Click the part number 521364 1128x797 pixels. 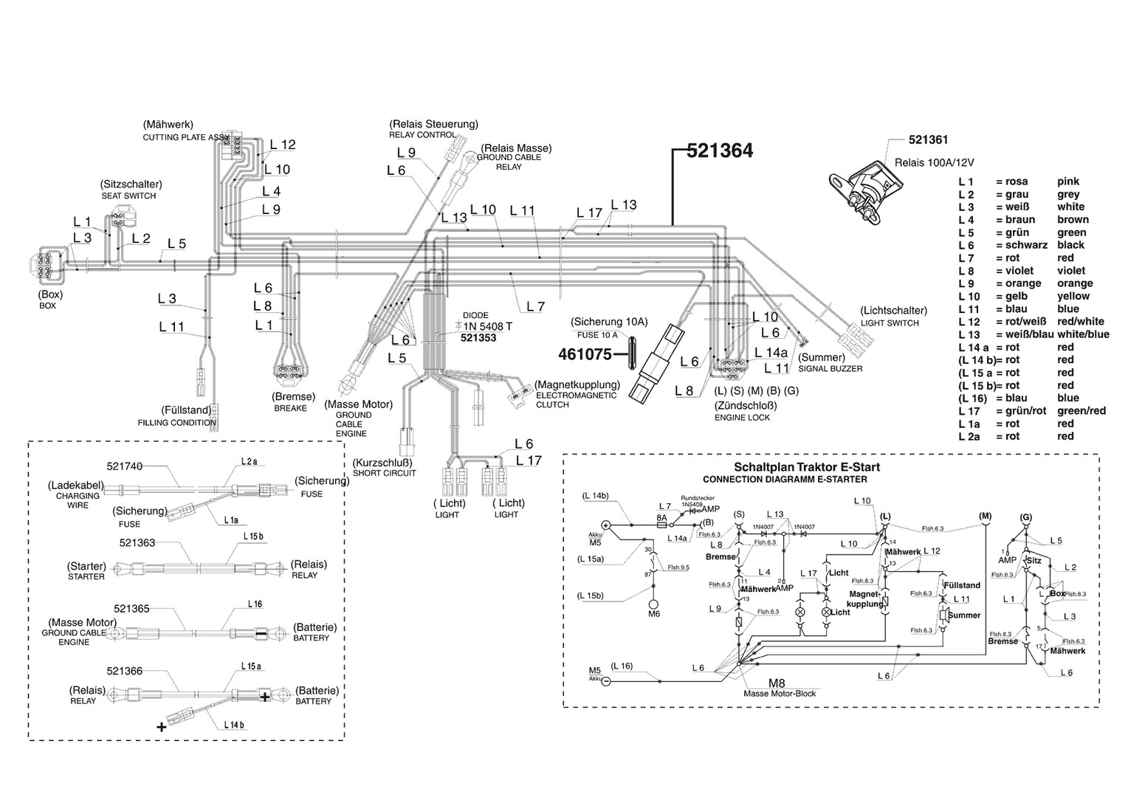pyautogui.click(x=719, y=151)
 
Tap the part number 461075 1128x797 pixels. pyautogui.click(x=585, y=354)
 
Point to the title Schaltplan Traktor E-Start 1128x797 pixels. pyautogui.click(x=806, y=467)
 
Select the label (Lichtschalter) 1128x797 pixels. pyautogui.click(x=893, y=311)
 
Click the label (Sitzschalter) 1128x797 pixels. pyautogui.click(x=131, y=184)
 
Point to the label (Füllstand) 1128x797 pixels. pyautogui.click(x=186, y=410)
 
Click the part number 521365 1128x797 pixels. pyautogui.click(x=128, y=609)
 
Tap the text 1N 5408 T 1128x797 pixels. pyautogui.click(x=487, y=325)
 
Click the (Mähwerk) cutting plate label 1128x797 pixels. pyautogui.click(x=168, y=125)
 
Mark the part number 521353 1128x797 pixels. pyautogui.click(x=478, y=338)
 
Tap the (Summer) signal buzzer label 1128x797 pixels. pyautogui.click(x=822, y=357)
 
